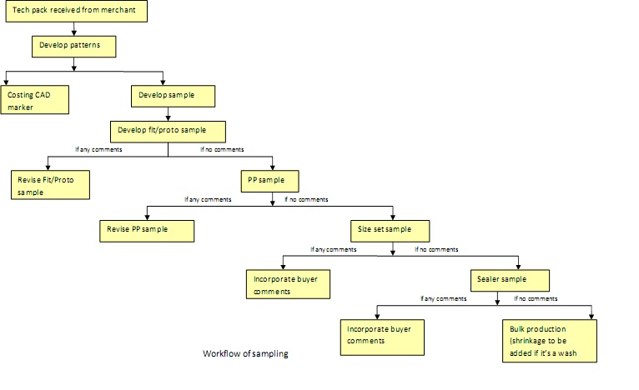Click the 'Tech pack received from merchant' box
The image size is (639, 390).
click(x=74, y=12)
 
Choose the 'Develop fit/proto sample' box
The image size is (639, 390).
click(x=168, y=131)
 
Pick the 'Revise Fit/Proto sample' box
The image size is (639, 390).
click(x=51, y=184)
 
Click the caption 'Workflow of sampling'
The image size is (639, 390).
click(x=245, y=354)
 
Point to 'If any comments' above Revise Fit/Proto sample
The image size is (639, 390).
click(x=98, y=150)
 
